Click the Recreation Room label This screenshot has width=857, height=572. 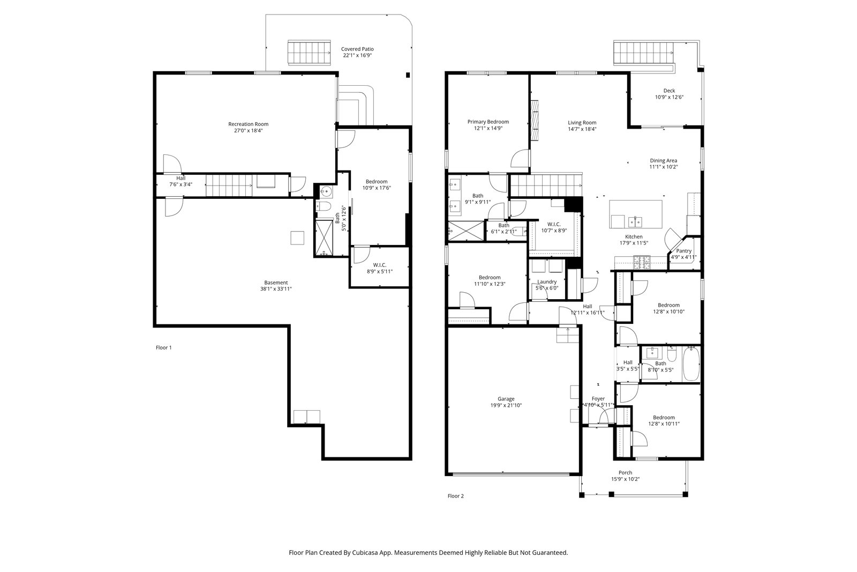pyautogui.click(x=249, y=124)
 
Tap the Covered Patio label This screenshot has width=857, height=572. pyautogui.click(x=357, y=49)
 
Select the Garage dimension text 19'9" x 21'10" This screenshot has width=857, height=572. pyautogui.click(x=506, y=405)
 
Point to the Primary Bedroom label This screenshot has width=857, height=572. pyautogui.click(x=488, y=122)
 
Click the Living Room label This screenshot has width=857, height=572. pyautogui.click(x=582, y=123)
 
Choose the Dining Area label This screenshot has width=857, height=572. pyautogui.click(x=664, y=161)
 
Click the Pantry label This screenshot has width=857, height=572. pyautogui.click(x=683, y=251)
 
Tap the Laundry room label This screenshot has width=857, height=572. pyautogui.click(x=547, y=282)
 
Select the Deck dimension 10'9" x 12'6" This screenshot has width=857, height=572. pyautogui.click(x=669, y=97)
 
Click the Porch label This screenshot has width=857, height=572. pyautogui.click(x=625, y=473)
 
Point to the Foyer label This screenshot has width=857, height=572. pyautogui.click(x=598, y=399)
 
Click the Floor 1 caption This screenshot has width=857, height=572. pyautogui.click(x=164, y=347)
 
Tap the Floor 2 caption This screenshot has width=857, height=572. pyautogui.click(x=456, y=496)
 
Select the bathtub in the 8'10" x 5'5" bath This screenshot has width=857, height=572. pyautogui.click(x=691, y=364)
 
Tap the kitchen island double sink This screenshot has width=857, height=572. pyautogui.click(x=635, y=222)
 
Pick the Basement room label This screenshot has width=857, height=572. pyautogui.click(x=276, y=283)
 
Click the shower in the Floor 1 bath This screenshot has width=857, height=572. pyautogui.click(x=324, y=237)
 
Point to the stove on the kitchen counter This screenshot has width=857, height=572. pyautogui.click(x=642, y=262)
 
